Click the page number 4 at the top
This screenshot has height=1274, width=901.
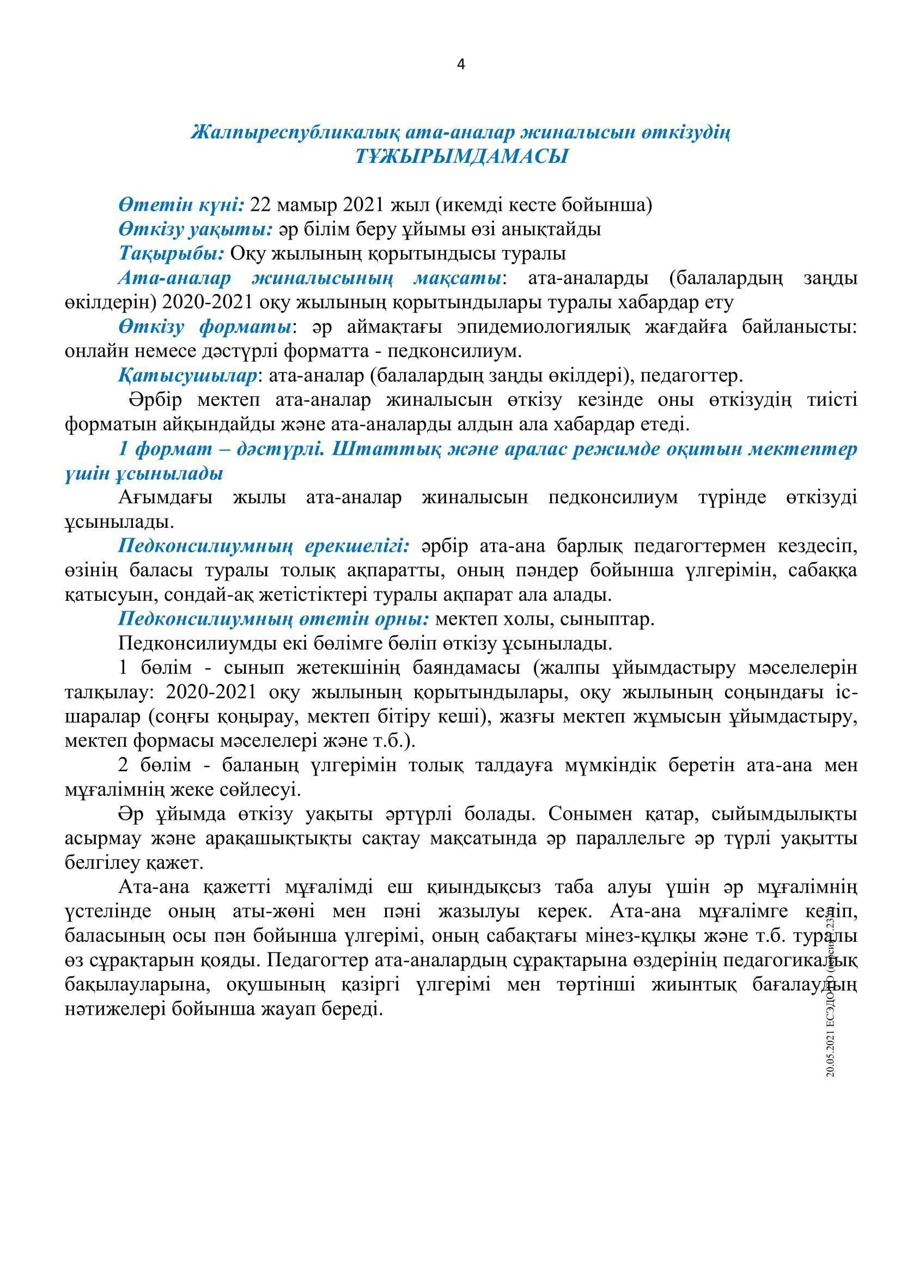coord(460,65)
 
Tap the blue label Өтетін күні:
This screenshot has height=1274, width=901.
coord(181,205)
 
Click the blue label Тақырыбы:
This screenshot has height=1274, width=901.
coord(172,254)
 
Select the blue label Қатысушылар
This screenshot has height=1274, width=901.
coord(187,376)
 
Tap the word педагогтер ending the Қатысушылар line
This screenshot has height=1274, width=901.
coord(690,376)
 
